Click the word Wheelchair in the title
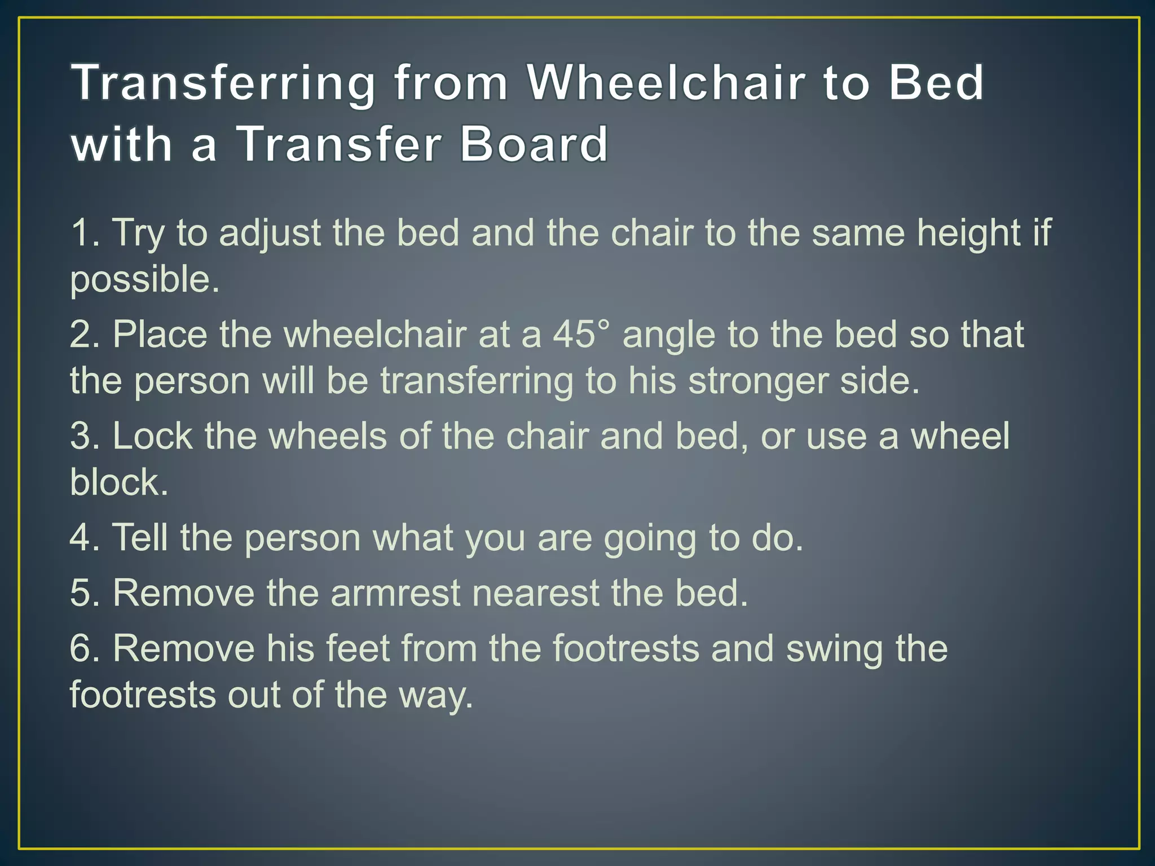pos(665,83)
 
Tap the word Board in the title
pos(534,144)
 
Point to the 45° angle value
pos(581,334)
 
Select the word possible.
pos(144,280)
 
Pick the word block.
pos(119,483)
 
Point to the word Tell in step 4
pos(140,537)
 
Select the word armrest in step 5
pos(395,593)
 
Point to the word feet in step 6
pos(358,648)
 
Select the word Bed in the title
pos(936,83)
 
